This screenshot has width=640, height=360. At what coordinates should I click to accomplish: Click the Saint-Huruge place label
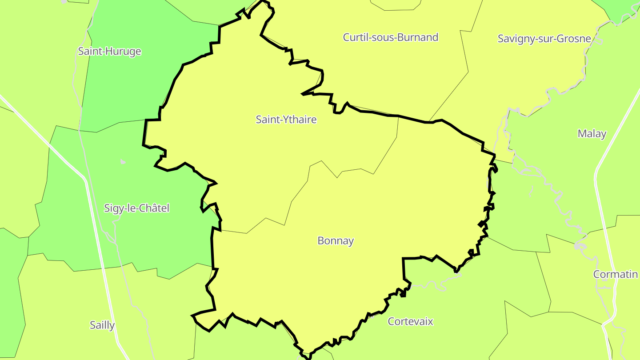pos(109,51)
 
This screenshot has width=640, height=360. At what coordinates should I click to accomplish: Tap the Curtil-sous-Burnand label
pos(390,37)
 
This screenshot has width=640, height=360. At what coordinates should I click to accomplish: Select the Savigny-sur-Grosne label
pos(544,38)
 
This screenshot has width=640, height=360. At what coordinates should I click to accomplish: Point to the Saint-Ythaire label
pos(286,119)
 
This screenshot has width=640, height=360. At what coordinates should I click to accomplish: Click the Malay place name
pos(592,133)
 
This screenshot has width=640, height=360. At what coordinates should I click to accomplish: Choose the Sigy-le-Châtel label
pos(136,208)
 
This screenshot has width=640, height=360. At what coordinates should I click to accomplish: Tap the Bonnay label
pos(336,241)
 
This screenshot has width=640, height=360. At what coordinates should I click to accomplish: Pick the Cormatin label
pos(615,274)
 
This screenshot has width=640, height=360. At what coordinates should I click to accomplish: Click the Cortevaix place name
pos(410,321)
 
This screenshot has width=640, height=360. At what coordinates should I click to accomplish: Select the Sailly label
pos(102,325)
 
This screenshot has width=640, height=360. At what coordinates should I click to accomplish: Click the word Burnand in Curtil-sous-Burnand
pos(418,37)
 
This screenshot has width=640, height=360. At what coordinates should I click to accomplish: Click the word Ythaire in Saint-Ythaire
pos(299,119)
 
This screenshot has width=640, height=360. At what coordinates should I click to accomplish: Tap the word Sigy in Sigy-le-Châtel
pos(113,208)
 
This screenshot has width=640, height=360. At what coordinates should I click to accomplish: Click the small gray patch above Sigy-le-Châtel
pos(123,162)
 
